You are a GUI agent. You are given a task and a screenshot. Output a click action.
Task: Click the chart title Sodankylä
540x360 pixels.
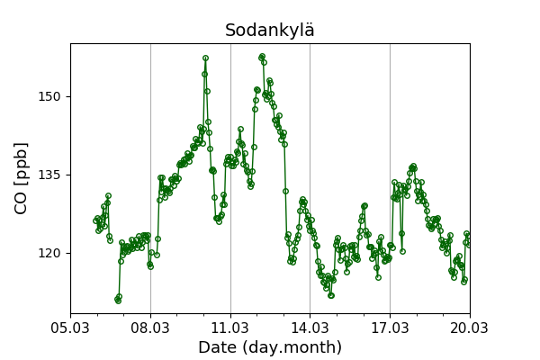[x=270, y=31]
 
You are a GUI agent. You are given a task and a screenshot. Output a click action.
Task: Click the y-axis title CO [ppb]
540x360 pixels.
[x=22, y=177]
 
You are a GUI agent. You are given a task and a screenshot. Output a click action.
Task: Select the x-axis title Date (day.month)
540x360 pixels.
[x=270, y=347]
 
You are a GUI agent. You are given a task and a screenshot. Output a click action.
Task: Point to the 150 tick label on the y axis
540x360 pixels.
[x=49, y=96]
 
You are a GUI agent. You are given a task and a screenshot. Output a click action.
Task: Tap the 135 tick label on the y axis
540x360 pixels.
[x=49, y=175]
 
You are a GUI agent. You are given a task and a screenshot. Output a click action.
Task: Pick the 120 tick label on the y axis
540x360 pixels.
[x=49, y=253]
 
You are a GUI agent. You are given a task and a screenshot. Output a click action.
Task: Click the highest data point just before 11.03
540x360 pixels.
[x=205, y=58]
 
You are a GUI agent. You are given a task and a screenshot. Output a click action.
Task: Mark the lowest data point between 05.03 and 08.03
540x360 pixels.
[x=118, y=301]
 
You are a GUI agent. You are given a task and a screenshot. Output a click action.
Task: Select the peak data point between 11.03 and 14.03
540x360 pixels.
[x=262, y=57]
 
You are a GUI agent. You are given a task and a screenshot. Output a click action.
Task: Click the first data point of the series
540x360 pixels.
[x=95, y=220]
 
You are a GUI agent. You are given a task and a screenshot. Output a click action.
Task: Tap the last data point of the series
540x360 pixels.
[x=469, y=244]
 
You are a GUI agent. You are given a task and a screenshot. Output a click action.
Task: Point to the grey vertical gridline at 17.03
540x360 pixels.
[x=390, y=135]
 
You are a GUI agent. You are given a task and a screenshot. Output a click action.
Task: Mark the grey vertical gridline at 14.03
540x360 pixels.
[x=310, y=135]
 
